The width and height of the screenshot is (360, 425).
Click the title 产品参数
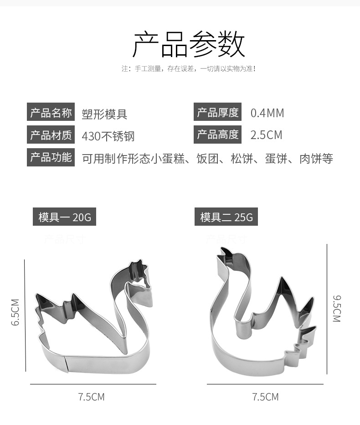click(188, 44)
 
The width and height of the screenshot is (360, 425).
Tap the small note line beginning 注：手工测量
click(188, 69)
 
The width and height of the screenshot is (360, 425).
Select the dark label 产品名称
click(51, 113)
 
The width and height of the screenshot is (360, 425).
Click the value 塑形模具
click(104, 114)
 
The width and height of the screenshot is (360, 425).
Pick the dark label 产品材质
click(51, 135)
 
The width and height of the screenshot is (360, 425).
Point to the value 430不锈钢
click(108, 136)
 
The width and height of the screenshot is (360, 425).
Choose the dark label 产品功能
click(51, 157)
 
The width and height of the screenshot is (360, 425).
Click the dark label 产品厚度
click(217, 112)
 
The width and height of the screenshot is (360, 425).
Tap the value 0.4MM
click(267, 113)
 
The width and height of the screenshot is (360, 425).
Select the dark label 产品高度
click(217, 135)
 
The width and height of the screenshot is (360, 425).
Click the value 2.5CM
click(266, 135)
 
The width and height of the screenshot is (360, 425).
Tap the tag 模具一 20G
click(64, 217)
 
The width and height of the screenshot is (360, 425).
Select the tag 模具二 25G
click(226, 217)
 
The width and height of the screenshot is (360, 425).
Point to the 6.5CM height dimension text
click(15, 312)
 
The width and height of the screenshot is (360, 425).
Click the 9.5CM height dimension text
click(337, 309)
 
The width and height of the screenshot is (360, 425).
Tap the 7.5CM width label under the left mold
click(91, 397)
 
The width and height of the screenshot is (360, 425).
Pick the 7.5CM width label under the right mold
click(265, 397)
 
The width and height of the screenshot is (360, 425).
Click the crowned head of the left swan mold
click(138, 274)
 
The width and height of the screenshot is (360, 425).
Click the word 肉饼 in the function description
click(310, 159)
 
